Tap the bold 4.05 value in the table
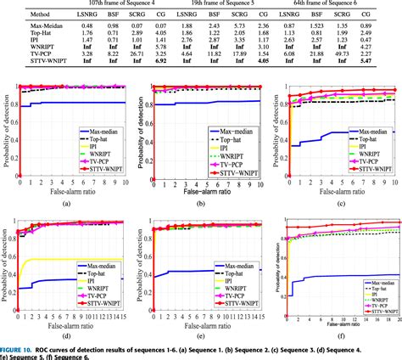click(263, 64)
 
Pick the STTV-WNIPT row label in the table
click(27, 64)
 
